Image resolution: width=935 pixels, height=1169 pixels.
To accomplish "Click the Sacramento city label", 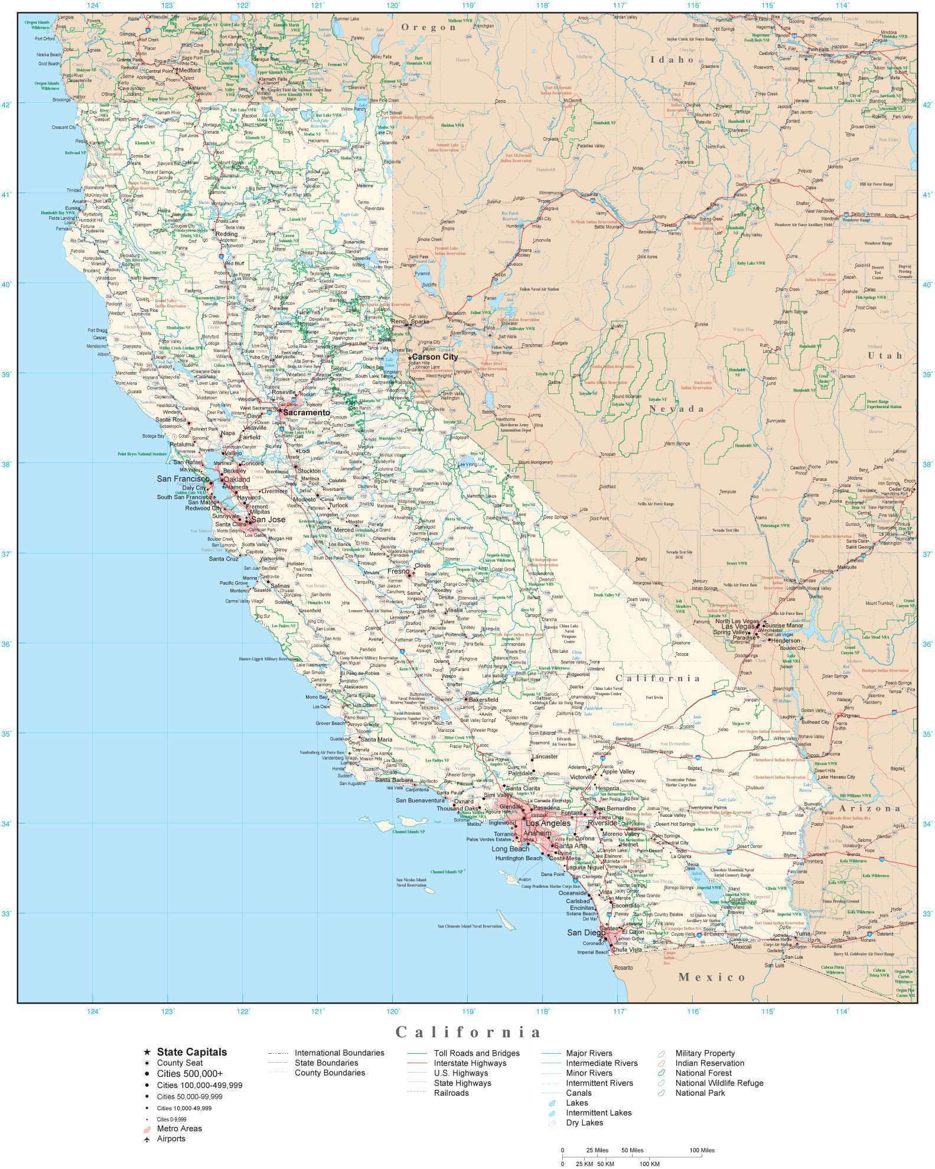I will [306, 412].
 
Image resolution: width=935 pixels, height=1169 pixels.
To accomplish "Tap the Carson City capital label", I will [435, 357].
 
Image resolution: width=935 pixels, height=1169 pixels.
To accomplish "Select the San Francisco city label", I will [183, 478].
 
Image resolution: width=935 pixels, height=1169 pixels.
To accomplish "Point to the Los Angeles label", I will [548, 823].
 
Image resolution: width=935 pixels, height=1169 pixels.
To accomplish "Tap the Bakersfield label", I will [483, 699].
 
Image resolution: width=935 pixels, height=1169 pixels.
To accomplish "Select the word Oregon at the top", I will [429, 27].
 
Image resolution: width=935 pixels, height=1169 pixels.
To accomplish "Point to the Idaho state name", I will [672, 60].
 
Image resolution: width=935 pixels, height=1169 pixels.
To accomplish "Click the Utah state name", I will [885, 355].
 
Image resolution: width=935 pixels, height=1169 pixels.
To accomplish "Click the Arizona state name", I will [872, 808].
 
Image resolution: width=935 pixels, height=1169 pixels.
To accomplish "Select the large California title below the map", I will [468, 1032].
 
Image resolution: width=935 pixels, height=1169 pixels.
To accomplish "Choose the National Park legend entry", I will [701, 1093].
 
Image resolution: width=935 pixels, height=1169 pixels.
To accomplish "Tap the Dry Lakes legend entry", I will [584, 1122].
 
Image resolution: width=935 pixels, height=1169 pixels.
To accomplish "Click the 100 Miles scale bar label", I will [702, 1150].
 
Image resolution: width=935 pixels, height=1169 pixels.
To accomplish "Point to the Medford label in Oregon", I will [190, 70].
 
